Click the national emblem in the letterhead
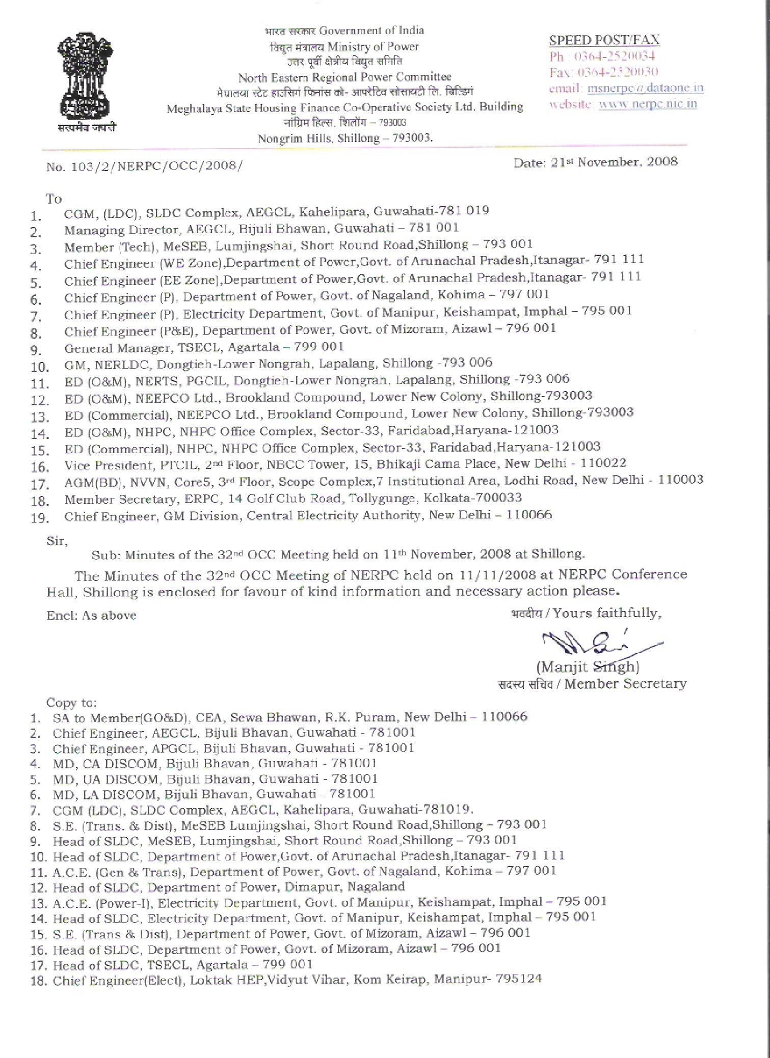pos(86,76)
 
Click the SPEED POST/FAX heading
pos(604,40)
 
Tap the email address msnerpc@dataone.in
pos(645,88)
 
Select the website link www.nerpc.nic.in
pos(647,104)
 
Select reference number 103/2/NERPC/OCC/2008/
pos(152,166)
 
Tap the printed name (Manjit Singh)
pos(588,667)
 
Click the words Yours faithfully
pos(607,613)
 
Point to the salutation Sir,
pos(57,541)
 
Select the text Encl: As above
pos(91,616)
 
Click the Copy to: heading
pos(71,703)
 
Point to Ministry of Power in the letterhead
pos(373,47)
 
